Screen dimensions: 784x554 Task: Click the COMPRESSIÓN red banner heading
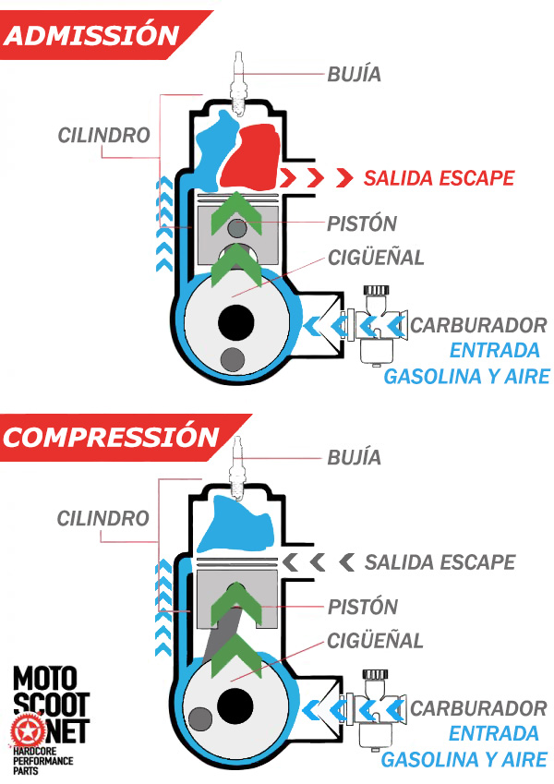[111, 436]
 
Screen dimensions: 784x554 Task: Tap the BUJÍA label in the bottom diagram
[354, 457]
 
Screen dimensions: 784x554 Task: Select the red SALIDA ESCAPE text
[439, 178]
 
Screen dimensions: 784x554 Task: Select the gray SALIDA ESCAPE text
[440, 562]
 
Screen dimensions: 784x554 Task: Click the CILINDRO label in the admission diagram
[103, 136]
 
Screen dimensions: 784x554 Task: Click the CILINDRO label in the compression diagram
[103, 519]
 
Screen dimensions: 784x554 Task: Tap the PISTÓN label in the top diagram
[362, 224]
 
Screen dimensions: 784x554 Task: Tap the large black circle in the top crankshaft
[236, 322]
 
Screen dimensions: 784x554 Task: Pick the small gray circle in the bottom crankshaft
[199, 718]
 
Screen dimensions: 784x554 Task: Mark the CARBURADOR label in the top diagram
[478, 326]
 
